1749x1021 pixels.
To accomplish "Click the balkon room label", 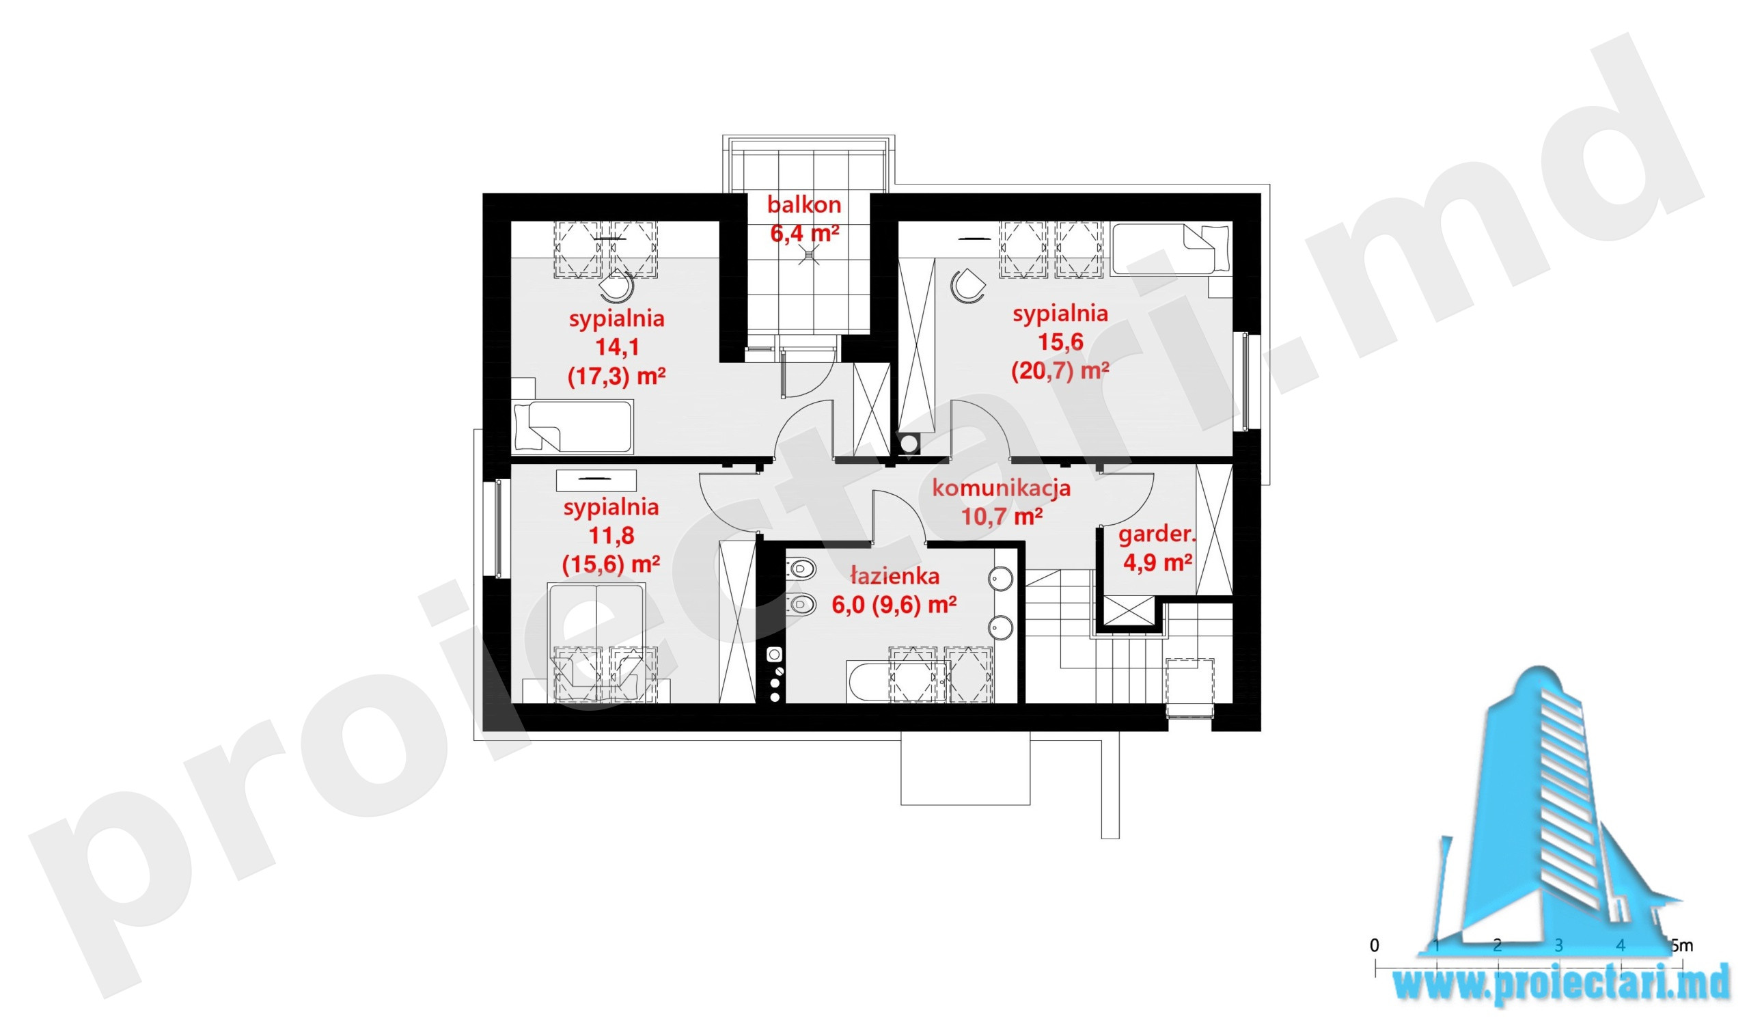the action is click(x=804, y=206).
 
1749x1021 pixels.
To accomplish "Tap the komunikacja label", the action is click(x=1001, y=488).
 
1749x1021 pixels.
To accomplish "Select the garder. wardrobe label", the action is click(x=1157, y=534).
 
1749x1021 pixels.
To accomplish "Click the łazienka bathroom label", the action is click(x=895, y=575).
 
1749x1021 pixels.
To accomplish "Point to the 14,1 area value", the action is click(x=617, y=347).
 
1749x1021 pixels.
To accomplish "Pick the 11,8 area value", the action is click(x=611, y=536).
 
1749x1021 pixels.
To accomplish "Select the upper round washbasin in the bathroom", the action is click(x=1000, y=578).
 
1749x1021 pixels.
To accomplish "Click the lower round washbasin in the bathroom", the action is click(x=1000, y=627).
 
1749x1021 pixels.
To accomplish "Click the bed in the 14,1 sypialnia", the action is click(x=573, y=426).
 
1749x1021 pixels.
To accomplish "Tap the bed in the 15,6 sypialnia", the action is click(x=1170, y=249).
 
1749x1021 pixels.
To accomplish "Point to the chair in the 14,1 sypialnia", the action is click(x=617, y=286).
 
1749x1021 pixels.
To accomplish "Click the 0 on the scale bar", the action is click(x=1374, y=944).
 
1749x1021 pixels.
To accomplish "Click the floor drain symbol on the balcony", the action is click(x=806, y=256).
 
